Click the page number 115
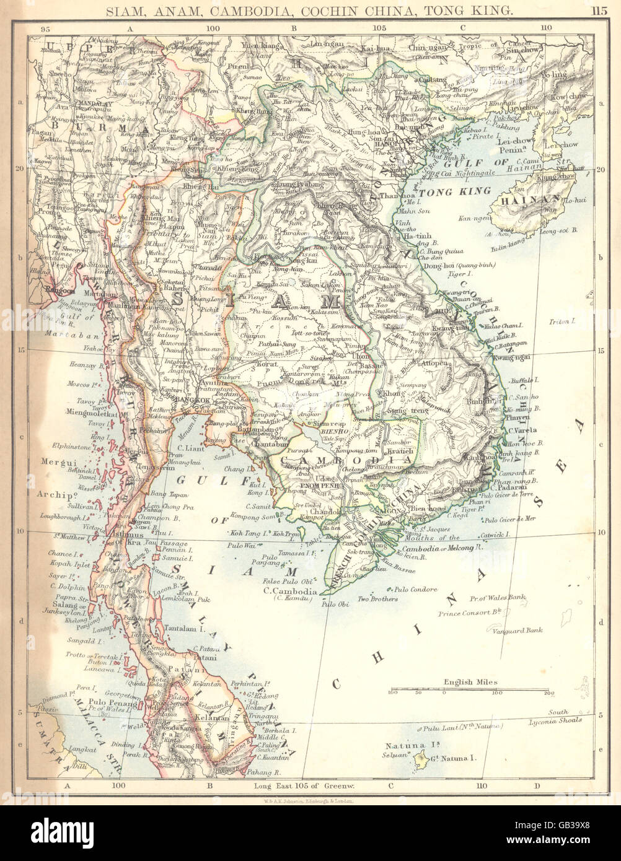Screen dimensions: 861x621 point(599,10)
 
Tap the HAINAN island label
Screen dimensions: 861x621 point(526,200)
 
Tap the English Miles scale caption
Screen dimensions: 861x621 point(470,682)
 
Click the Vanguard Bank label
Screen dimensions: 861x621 point(517,631)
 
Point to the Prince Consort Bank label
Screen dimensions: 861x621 point(470,613)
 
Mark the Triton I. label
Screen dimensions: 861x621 point(563,321)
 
